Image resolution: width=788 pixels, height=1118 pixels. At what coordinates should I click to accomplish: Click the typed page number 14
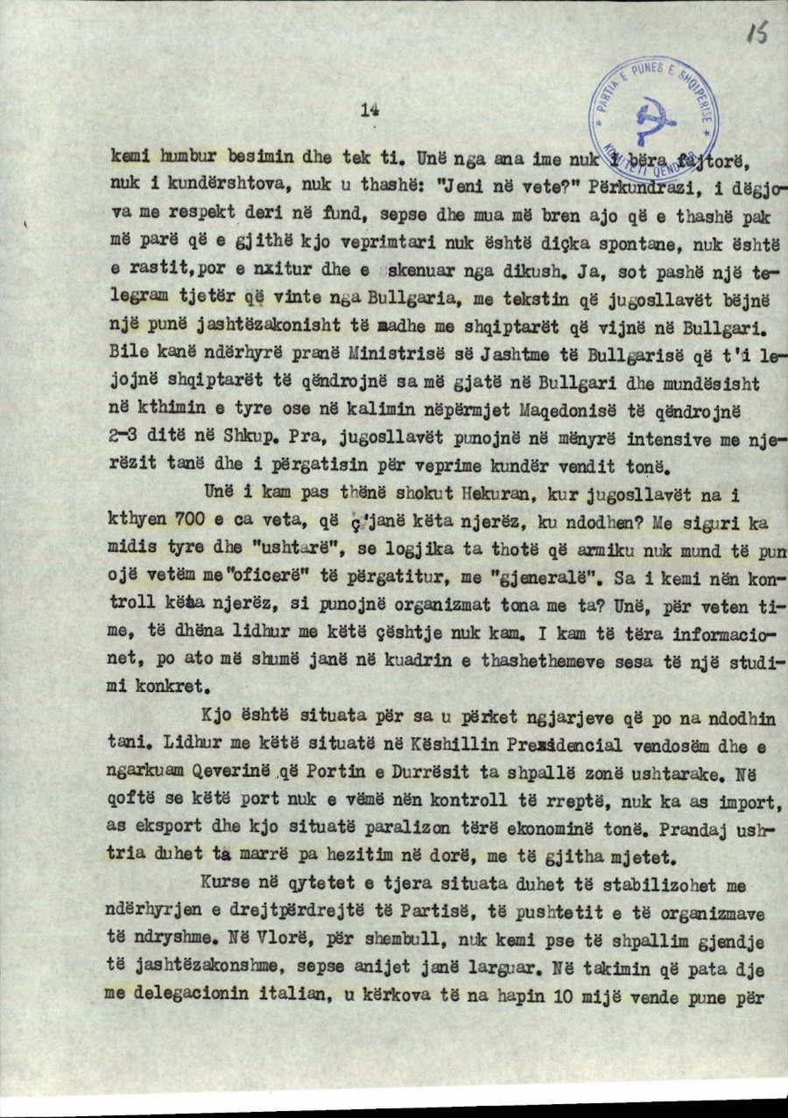pyautogui.click(x=368, y=109)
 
